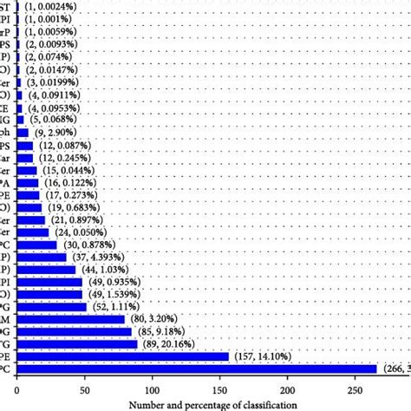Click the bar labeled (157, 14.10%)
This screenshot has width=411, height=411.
coord(78,356)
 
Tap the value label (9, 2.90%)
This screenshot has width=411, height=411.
coord(56,133)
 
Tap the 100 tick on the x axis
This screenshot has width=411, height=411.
coord(153,388)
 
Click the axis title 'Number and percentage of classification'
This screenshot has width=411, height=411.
coord(213,404)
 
